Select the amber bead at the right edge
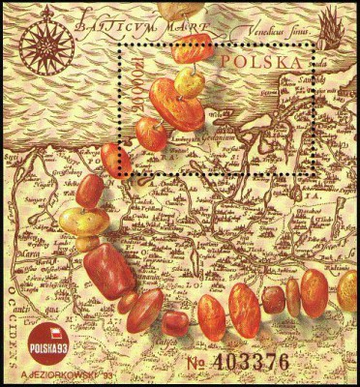(x=347, y=287)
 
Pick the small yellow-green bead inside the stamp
(x=191, y=83)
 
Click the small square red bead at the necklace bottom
(x=175, y=323)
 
